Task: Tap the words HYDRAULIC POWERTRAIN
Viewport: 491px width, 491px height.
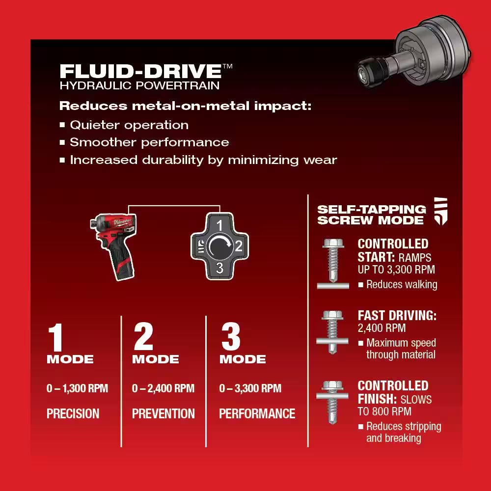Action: pyautogui.click(x=139, y=85)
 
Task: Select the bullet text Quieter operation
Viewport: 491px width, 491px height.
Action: pyautogui.click(x=129, y=125)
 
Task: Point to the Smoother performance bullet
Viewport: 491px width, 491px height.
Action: pyautogui.click(x=149, y=142)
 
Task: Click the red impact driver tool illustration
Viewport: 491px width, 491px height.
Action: pyautogui.click(x=113, y=245)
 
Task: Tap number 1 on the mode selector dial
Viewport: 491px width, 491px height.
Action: pyautogui.click(x=220, y=225)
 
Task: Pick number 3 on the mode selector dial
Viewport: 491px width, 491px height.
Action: pyautogui.click(x=220, y=268)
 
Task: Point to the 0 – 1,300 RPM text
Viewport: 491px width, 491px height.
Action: pyautogui.click(x=77, y=389)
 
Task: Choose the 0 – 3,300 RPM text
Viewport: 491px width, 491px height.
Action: pyautogui.click(x=250, y=389)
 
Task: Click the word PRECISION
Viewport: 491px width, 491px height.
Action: pyautogui.click(x=73, y=414)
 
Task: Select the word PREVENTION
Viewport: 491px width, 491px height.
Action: pyautogui.click(x=163, y=414)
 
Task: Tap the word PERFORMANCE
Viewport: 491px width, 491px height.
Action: pyautogui.click(x=257, y=414)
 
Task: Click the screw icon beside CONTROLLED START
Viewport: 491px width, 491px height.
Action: pyautogui.click(x=333, y=263)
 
